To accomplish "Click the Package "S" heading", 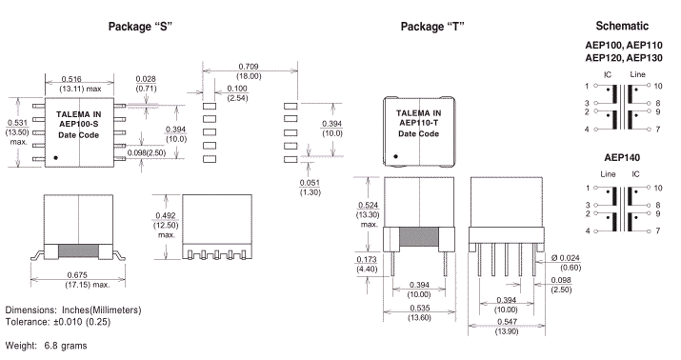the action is pos(140,27).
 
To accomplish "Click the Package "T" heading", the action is pos(432,27).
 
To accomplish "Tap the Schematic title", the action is pos(622,26).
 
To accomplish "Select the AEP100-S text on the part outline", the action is pos(79,124).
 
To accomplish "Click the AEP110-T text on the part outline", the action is pos(419,123).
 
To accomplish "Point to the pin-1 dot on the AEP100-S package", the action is pos(55,158).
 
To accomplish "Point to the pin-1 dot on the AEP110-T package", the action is pos(395,156).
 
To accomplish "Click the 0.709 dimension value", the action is pos(249,67).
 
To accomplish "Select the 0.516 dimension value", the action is pos(71,79).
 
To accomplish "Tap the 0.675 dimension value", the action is pos(77,275).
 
